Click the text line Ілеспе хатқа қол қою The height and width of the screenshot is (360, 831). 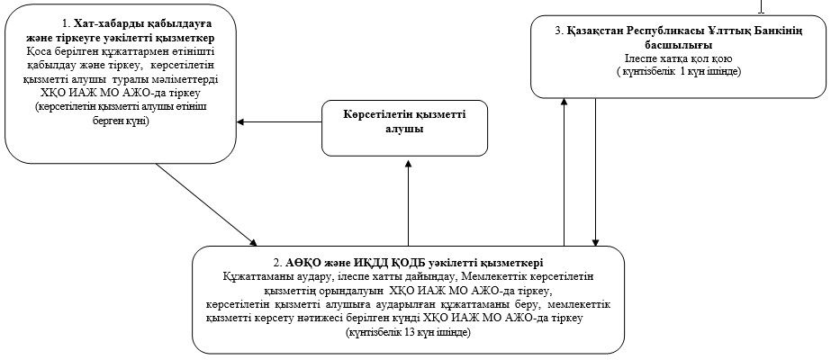pyautogui.click(x=678, y=58)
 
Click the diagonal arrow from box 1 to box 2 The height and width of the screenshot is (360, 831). pyautogui.click(x=206, y=205)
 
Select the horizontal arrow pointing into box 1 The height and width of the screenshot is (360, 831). pyautogui.click(x=279, y=121)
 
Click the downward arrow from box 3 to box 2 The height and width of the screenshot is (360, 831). pyautogui.click(x=596, y=173)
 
